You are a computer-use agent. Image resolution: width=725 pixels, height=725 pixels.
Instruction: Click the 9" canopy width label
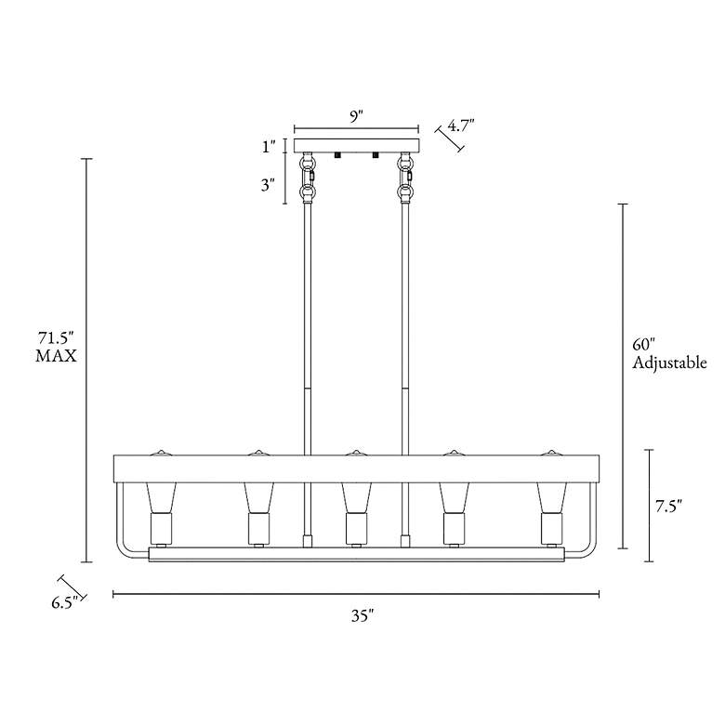point(356,116)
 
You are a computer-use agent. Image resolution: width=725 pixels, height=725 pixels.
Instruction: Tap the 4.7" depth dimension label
point(460,125)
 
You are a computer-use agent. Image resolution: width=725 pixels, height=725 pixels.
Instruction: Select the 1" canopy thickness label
point(269,147)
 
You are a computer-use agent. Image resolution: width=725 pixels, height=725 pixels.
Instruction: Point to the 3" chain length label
point(269,185)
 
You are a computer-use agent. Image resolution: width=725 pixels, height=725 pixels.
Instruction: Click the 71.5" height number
point(56,338)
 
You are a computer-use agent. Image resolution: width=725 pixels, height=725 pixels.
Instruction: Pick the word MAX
point(56,356)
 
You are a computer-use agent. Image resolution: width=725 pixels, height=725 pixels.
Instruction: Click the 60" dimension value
point(644,345)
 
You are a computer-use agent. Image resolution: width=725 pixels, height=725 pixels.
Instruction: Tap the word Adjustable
point(669,362)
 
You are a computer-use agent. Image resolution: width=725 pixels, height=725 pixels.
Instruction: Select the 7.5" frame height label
point(668,507)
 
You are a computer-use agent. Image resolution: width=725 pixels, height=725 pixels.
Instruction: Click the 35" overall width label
point(362,616)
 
